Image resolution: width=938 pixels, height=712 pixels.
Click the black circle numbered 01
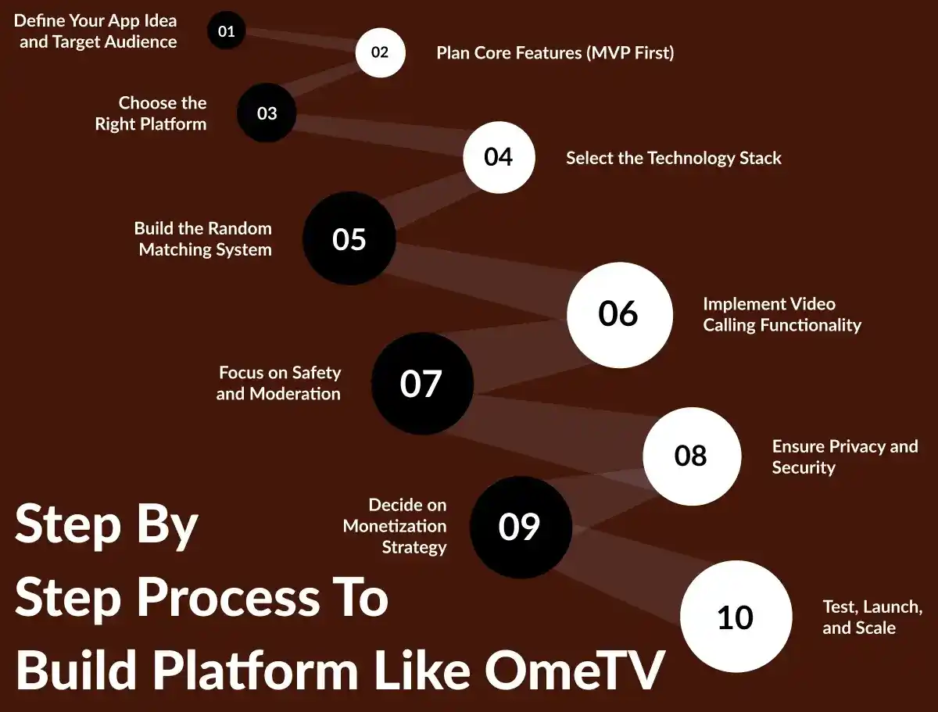point(226,32)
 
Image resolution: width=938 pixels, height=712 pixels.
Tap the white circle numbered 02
point(380,52)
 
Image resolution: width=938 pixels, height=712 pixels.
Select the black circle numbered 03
point(267,113)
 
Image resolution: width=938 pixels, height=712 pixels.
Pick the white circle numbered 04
point(499,157)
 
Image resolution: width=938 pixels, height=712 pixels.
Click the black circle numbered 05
point(349,238)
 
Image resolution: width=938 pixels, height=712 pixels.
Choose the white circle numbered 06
point(619,314)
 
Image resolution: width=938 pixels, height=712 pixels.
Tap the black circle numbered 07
point(422,384)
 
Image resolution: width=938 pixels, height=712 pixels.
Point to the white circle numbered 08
point(691,456)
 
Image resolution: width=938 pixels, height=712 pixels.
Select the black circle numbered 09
point(520,528)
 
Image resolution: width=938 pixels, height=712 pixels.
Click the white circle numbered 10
point(735,617)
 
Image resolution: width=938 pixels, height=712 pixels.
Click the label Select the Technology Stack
point(673,158)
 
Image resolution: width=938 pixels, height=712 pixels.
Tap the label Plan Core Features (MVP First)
point(555,53)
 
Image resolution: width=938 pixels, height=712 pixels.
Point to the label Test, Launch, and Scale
point(872,617)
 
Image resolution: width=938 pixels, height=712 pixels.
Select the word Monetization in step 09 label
point(395,526)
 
